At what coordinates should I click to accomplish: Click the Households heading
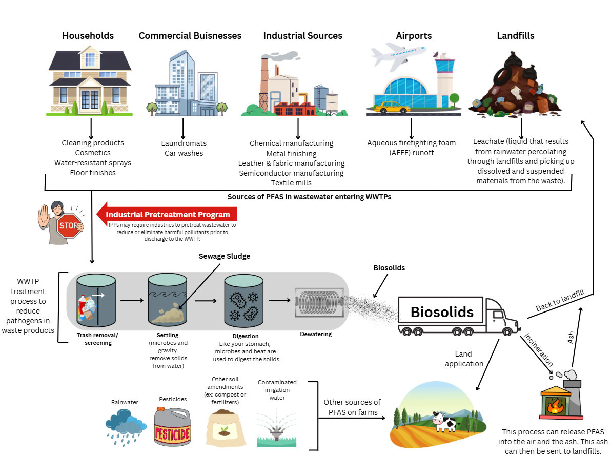(x=88, y=36)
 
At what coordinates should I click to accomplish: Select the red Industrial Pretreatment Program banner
(x=167, y=214)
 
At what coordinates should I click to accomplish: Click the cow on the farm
(x=444, y=422)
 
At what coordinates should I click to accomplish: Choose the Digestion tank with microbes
(x=244, y=302)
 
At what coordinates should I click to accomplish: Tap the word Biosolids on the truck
(x=442, y=312)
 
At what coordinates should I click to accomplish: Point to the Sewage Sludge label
(x=225, y=256)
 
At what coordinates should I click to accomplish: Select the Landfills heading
(x=515, y=36)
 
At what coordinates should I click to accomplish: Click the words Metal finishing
(x=291, y=153)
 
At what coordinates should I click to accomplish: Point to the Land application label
(x=464, y=359)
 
